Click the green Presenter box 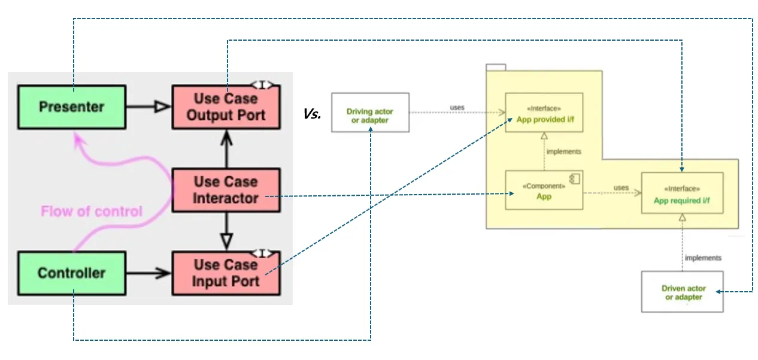coord(72,107)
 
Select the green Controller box coord(72,273)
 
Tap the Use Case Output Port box coord(226,107)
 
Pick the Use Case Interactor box coord(226,190)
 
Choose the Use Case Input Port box coord(226,273)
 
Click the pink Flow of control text coord(92,211)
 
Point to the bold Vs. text coord(312,114)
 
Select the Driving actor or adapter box coord(371,113)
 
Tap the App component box coord(544,190)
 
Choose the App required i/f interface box coord(682,192)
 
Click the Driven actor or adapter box coord(682,292)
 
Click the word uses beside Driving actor coord(457,108)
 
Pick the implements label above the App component coord(564,152)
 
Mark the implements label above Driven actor coord(703,258)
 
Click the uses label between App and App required coord(621,187)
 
